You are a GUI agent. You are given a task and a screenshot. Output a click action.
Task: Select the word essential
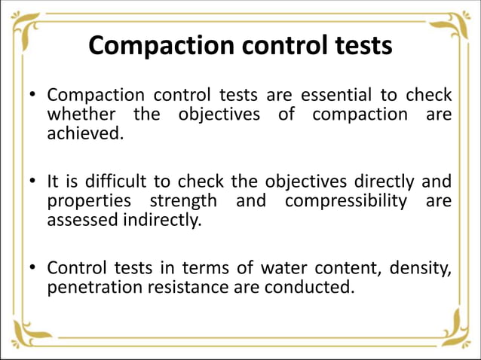click(335, 96)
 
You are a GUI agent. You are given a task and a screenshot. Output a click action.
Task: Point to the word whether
click(81, 115)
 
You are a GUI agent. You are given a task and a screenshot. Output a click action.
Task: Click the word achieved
click(84, 134)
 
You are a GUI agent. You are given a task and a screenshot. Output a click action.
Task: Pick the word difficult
click(117, 182)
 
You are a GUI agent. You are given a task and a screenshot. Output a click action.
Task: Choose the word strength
click(183, 202)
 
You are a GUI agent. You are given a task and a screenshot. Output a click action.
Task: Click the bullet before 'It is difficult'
click(32, 183)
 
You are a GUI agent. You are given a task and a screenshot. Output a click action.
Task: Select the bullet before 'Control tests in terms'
click(32, 269)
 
